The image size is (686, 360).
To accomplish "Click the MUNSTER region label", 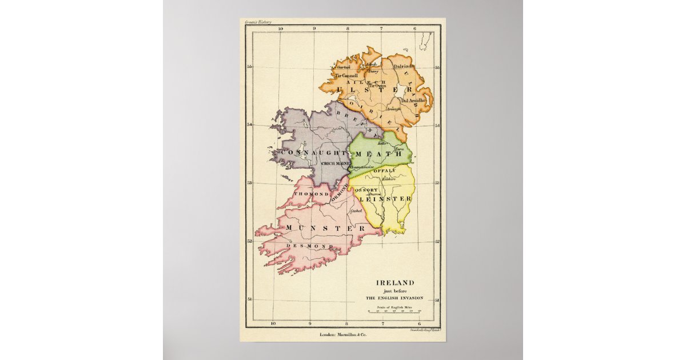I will tap(326, 228).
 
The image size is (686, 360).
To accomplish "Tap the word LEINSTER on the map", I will tap(386, 198).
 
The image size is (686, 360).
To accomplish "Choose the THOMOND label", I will tap(311, 194).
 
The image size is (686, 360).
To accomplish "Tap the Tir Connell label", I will tap(346, 75).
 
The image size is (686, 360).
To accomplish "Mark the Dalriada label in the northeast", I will tap(404, 66).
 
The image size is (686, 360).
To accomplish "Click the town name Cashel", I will tap(356, 211).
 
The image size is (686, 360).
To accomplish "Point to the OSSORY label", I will tap(366, 190).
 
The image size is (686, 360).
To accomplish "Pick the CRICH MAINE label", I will tap(336, 163).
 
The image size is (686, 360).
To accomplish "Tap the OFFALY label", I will tap(385, 171).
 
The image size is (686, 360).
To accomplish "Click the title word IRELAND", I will tap(394, 282).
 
